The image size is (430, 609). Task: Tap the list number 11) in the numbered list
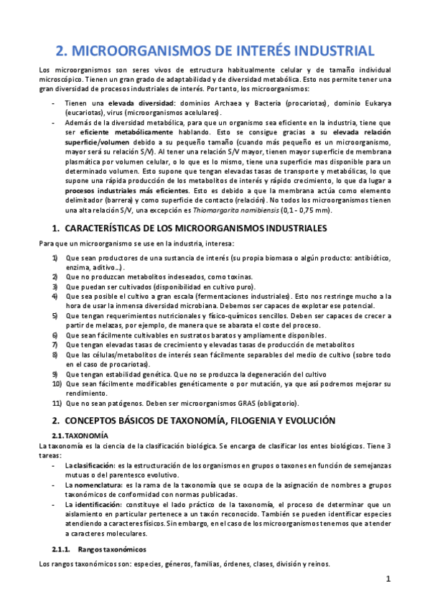point(57,404)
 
